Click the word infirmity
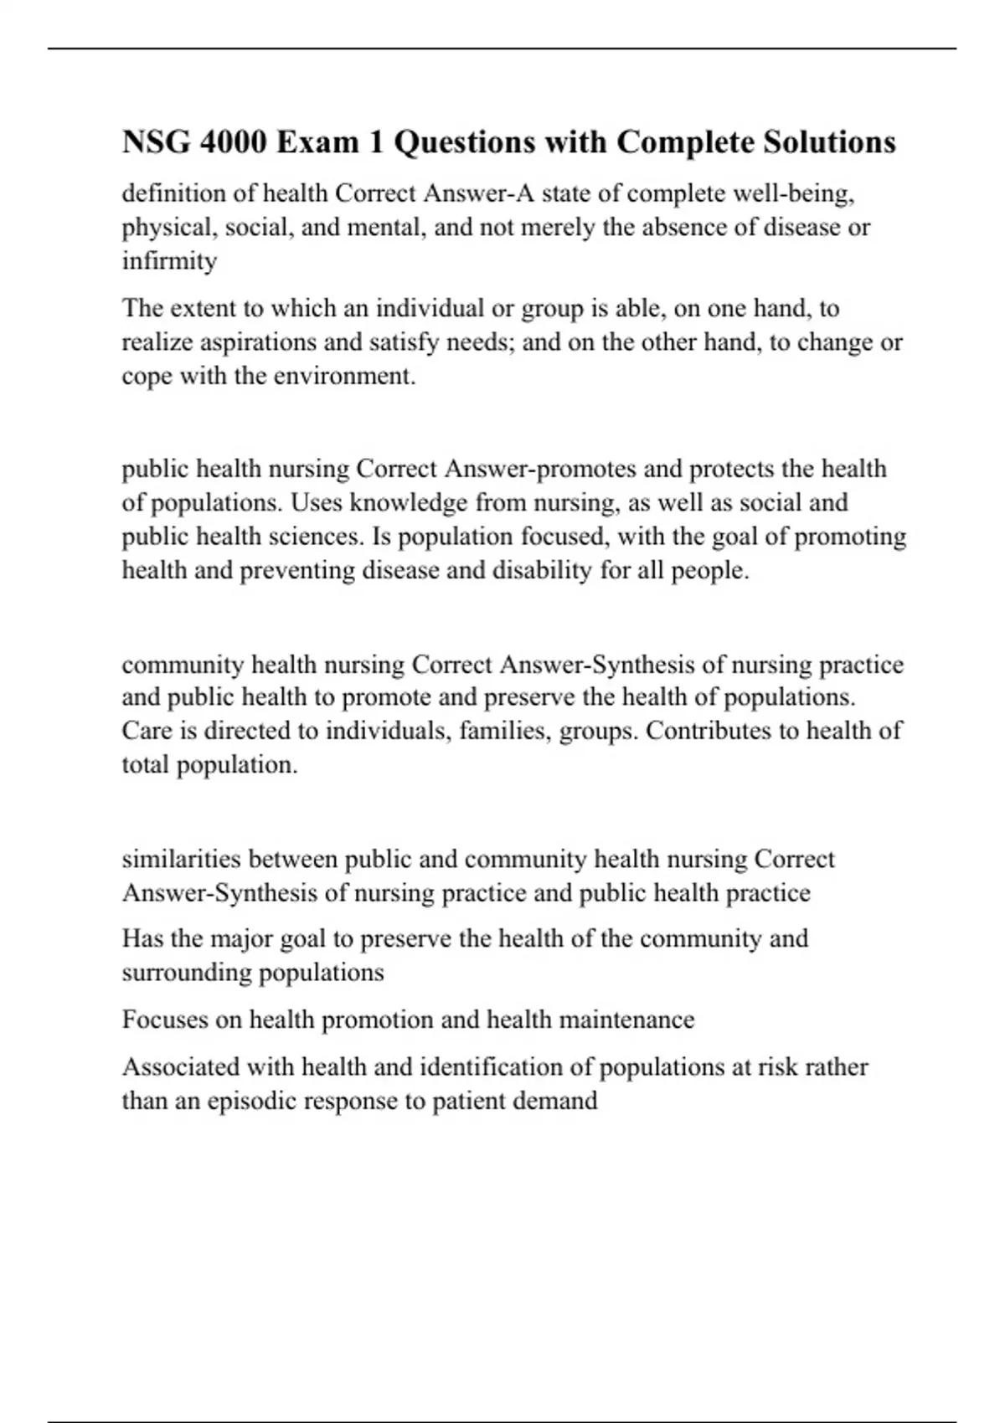(x=169, y=261)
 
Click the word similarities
(x=181, y=860)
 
